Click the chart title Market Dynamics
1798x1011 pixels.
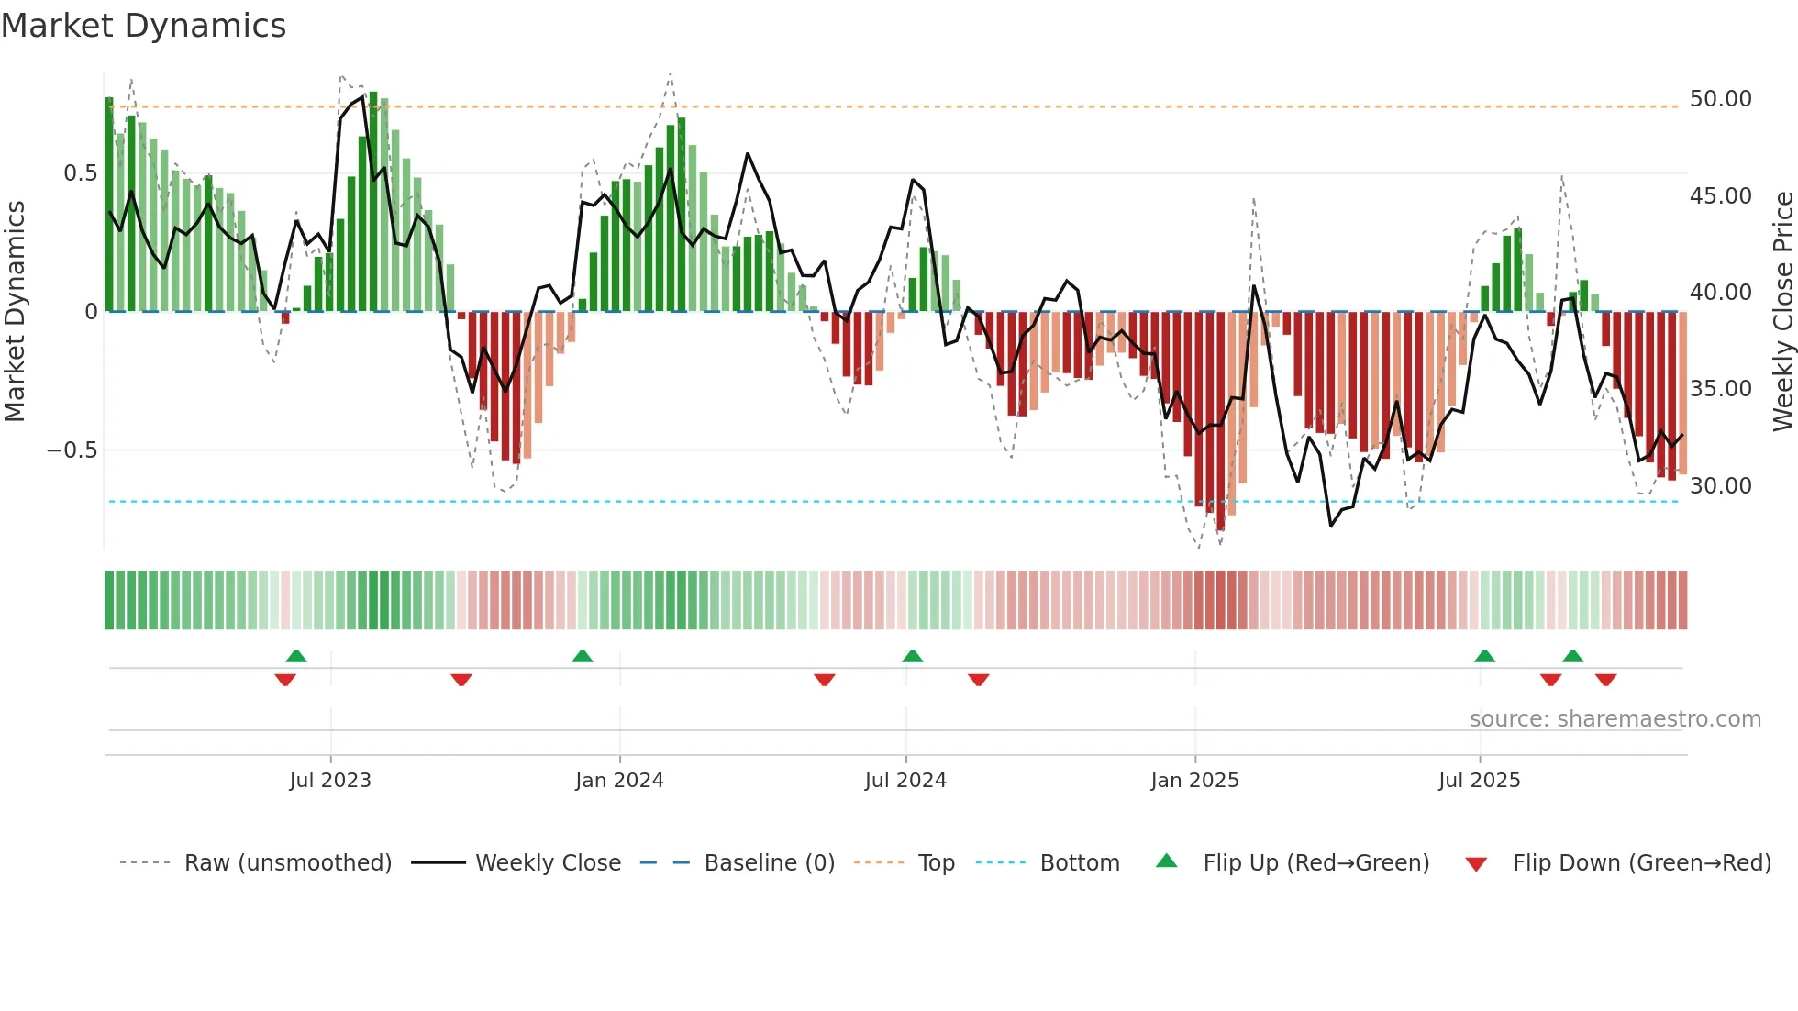pos(143,26)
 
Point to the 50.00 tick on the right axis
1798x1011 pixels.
pos(1720,99)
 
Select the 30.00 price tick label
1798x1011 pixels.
pos(1720,485)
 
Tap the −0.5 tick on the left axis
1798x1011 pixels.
pos(72,450)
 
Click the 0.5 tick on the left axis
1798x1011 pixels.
pos(80,173)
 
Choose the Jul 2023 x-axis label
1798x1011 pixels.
pos(330,781)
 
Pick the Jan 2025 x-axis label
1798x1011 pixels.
pos(1194,781)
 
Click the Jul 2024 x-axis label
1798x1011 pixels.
pos(905,781)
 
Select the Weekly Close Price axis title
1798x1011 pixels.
pos(1782,311)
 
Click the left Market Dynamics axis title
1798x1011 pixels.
pos(15,311)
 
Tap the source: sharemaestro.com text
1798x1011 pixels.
pos(1615,719)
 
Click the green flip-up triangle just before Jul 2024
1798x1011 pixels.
pos(912,657)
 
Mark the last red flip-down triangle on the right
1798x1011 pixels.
pos(1605,680)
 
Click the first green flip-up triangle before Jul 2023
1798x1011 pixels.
pos(296,657)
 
